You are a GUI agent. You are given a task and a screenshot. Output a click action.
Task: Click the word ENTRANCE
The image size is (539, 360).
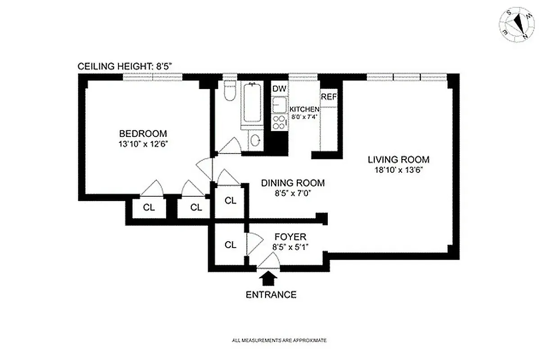point(271,295)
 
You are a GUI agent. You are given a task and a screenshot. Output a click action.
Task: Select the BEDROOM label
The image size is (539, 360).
point(143,134)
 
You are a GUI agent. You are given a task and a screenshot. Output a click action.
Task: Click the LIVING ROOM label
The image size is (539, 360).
point(398,159)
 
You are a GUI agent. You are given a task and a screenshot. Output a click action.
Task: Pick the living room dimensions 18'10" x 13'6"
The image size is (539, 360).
point(398,170)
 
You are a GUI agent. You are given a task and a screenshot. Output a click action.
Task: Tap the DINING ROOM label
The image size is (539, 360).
point(293,183)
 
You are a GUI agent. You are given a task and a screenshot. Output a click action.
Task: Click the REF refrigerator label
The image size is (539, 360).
point(329,96)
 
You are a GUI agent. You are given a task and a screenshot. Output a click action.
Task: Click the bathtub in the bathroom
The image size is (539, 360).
point(252,104)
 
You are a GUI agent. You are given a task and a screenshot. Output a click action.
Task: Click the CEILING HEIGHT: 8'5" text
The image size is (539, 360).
point(125,66)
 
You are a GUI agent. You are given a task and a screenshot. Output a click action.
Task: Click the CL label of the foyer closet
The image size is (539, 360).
point(231,245)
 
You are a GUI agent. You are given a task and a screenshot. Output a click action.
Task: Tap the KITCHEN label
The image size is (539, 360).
point(304,109)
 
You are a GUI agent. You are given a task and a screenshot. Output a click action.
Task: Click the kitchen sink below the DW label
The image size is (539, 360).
point(279,104)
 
